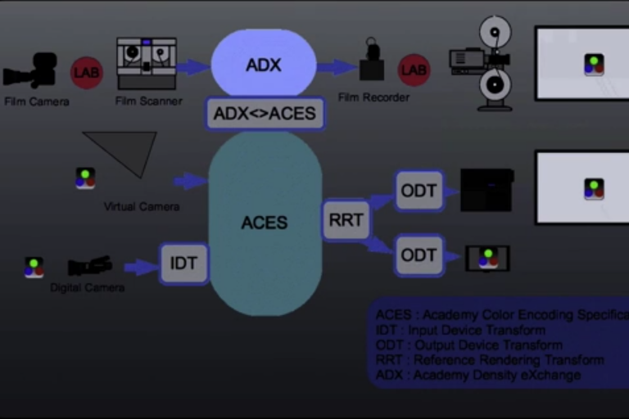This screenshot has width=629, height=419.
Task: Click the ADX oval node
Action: click(x=264, y=65)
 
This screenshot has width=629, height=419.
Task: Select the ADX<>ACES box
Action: click(x=265, y=114)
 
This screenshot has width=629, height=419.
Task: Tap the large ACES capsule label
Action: click(x=264, y=223)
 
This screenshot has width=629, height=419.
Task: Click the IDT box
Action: click(x=183, y=264)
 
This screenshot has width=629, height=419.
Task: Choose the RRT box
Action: click(x=346, y=220)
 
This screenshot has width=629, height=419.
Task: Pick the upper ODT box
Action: click(x=419, y=191)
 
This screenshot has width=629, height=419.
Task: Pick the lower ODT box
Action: click(x=419, y=255)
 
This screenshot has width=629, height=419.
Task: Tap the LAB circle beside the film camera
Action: click(x=87, y=72)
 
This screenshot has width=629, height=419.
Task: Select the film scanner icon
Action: click(x=147, y=63)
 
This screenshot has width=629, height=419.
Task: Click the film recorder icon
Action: click(x=372, y=63)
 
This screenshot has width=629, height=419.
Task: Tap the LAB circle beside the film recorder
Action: click(x=414, y=70)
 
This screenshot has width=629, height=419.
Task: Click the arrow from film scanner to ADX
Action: click(x=193, y=67)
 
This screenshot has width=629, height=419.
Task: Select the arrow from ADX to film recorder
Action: click(x=336, y=67)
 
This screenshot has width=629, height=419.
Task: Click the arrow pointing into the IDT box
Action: click(x=140, y=267)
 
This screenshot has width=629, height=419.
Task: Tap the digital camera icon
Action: click(x=89, y=266)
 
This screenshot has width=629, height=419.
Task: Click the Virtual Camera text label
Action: click(x=142, y=206)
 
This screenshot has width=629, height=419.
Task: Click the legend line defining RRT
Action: click(x=489, y=360)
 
